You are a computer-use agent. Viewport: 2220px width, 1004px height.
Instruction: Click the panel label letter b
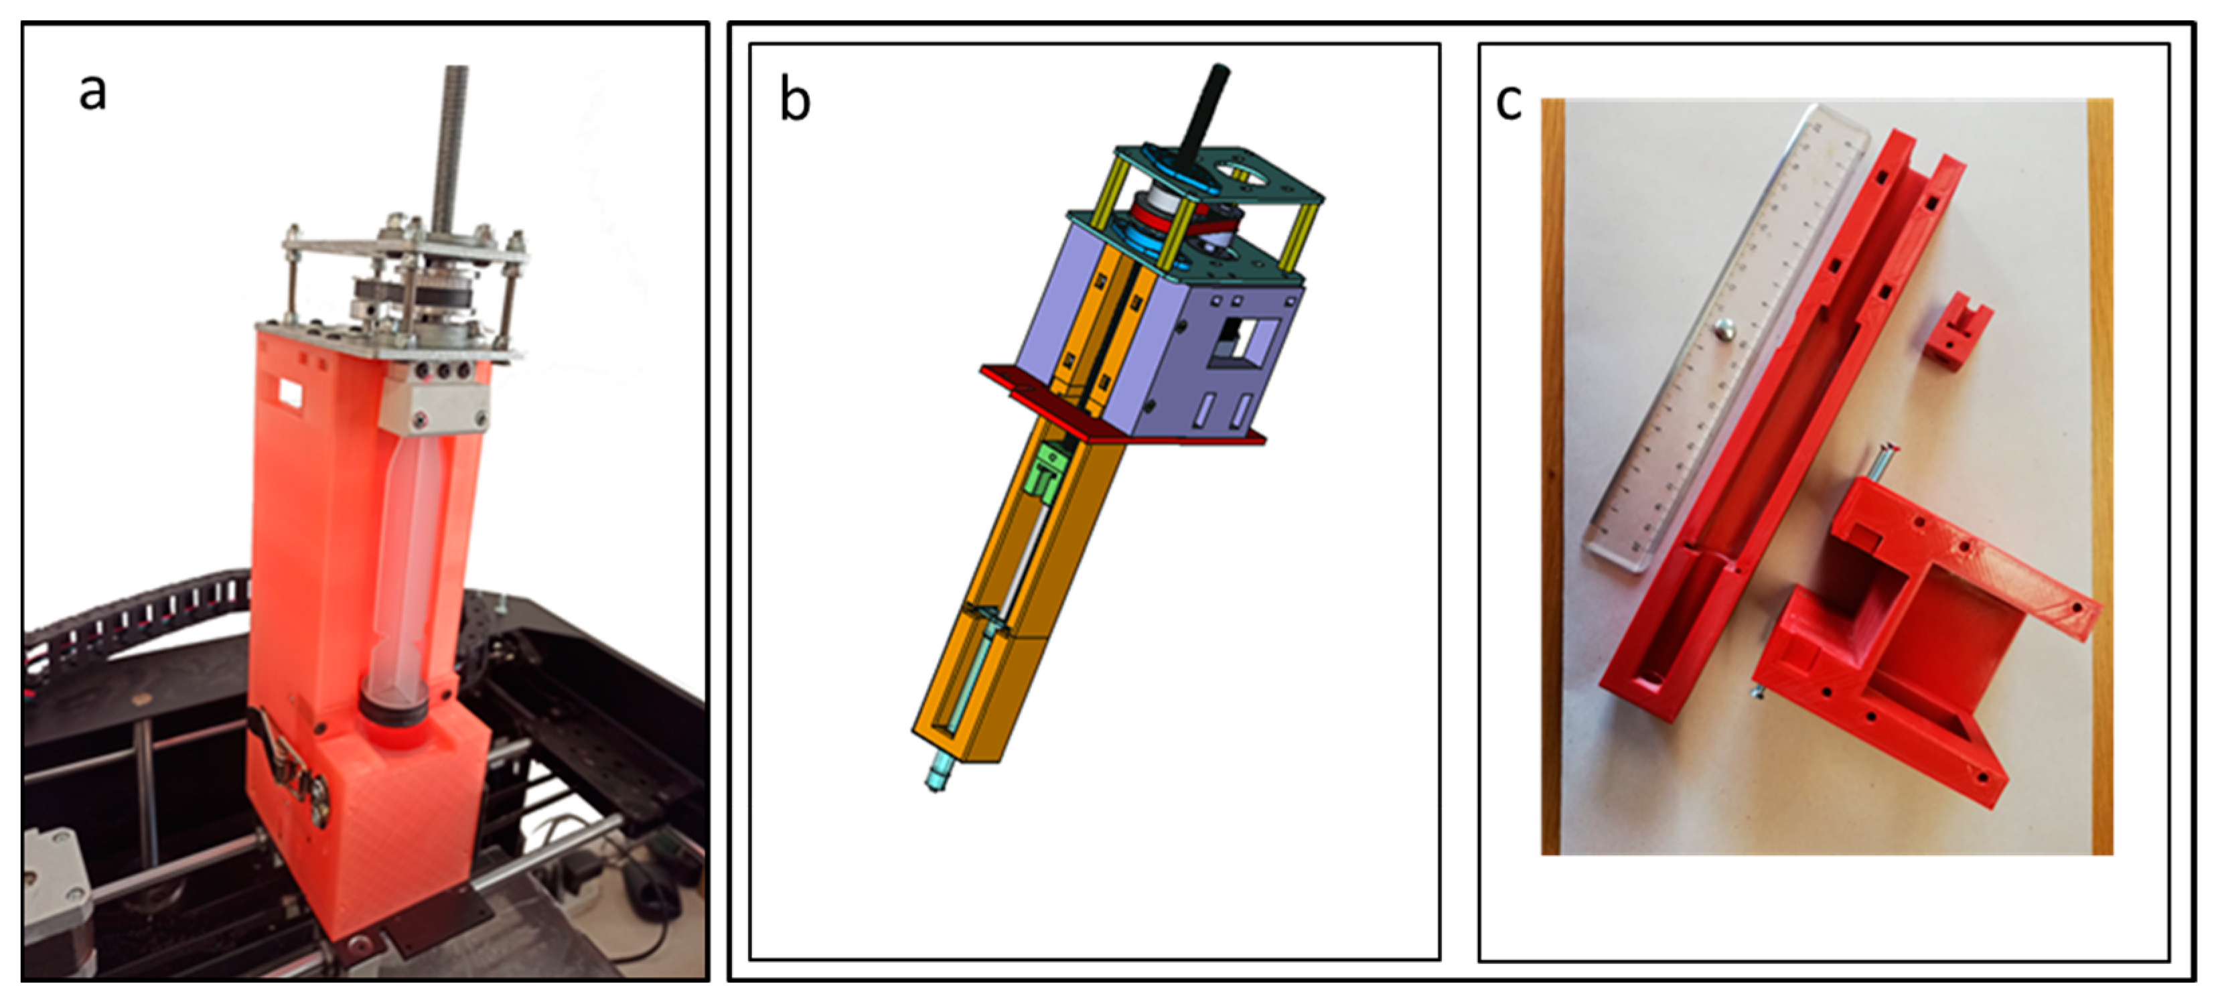[x=795, y=100]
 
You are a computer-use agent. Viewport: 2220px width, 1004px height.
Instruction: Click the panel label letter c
[x=1508, y=102]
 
